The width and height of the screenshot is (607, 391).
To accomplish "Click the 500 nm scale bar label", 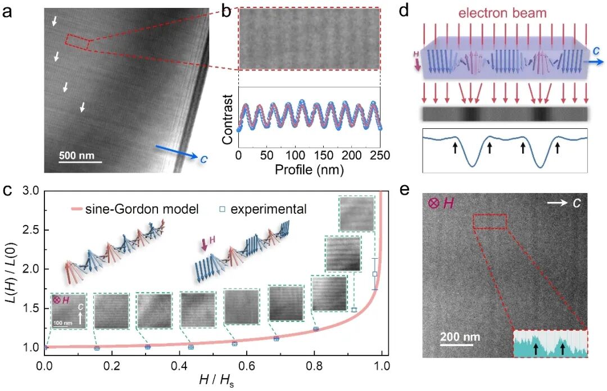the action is (x=76, y=155).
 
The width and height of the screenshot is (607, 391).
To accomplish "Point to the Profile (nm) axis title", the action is (x=309, y=169).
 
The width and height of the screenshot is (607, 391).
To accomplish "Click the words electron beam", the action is (x=502, y=13).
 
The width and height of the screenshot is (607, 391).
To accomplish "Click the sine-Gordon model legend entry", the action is (x=135, y=209).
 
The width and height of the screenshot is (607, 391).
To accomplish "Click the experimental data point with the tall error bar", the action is (x=375, y=274).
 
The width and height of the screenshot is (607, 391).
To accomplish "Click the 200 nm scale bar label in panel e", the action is (x=460, y=336).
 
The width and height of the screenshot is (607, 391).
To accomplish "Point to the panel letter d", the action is (x=404, y=11).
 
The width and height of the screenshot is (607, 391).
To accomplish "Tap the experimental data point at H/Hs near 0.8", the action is (x=316, y=329).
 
